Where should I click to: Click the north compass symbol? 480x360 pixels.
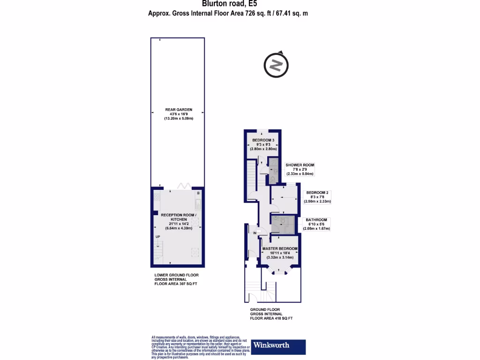coord(275,65)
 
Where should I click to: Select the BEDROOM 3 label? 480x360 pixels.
coord(262,140)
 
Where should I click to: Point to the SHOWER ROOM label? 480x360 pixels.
coord(300,165)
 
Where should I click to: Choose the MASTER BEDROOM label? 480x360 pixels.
coord(280,248)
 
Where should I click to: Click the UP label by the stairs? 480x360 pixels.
coord(157,237)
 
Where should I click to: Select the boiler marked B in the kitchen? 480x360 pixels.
coord(198,194)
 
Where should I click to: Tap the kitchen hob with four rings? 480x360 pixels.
coord(157,202)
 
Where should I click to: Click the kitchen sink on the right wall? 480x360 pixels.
coord(198,204)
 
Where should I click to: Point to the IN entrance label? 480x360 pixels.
coord(255,233)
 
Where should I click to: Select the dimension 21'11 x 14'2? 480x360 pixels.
coord(179,224)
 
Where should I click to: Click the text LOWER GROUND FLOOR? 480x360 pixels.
coord(177,276)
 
